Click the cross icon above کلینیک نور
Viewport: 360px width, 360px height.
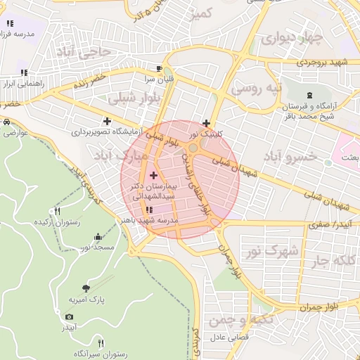(205, 123)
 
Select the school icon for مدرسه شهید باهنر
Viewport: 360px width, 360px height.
(148, 210)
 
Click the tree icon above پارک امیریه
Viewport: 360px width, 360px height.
(86, 288)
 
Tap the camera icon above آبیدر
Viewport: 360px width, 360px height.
(69, 317)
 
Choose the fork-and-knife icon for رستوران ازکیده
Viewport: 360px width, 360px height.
(58, 211)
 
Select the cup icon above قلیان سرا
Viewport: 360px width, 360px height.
(160, 68)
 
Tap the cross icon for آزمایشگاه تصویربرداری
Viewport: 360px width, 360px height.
(106, 121)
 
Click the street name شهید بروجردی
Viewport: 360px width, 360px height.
(321, 63)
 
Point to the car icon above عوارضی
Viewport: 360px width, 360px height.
(7, 122)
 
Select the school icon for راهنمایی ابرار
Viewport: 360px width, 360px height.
(24, 72)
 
